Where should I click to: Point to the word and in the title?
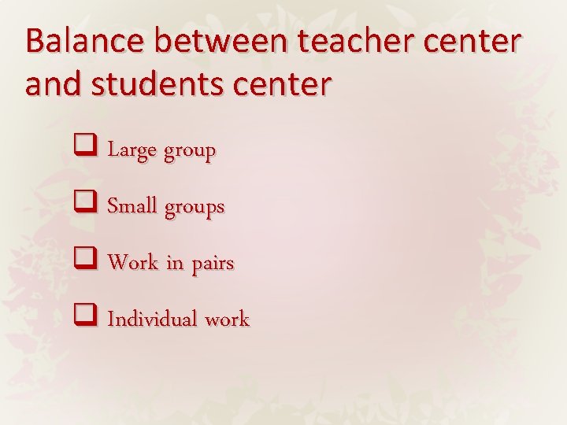point(52,83)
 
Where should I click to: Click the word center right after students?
point(283,85)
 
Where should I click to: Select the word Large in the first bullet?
point(132,150)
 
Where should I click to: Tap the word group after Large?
point(190,152)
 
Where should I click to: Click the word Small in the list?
point(132,206)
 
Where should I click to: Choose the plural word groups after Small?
point(194,209)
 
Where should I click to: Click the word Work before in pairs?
point(133,263)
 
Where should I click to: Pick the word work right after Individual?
point(227,320)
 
